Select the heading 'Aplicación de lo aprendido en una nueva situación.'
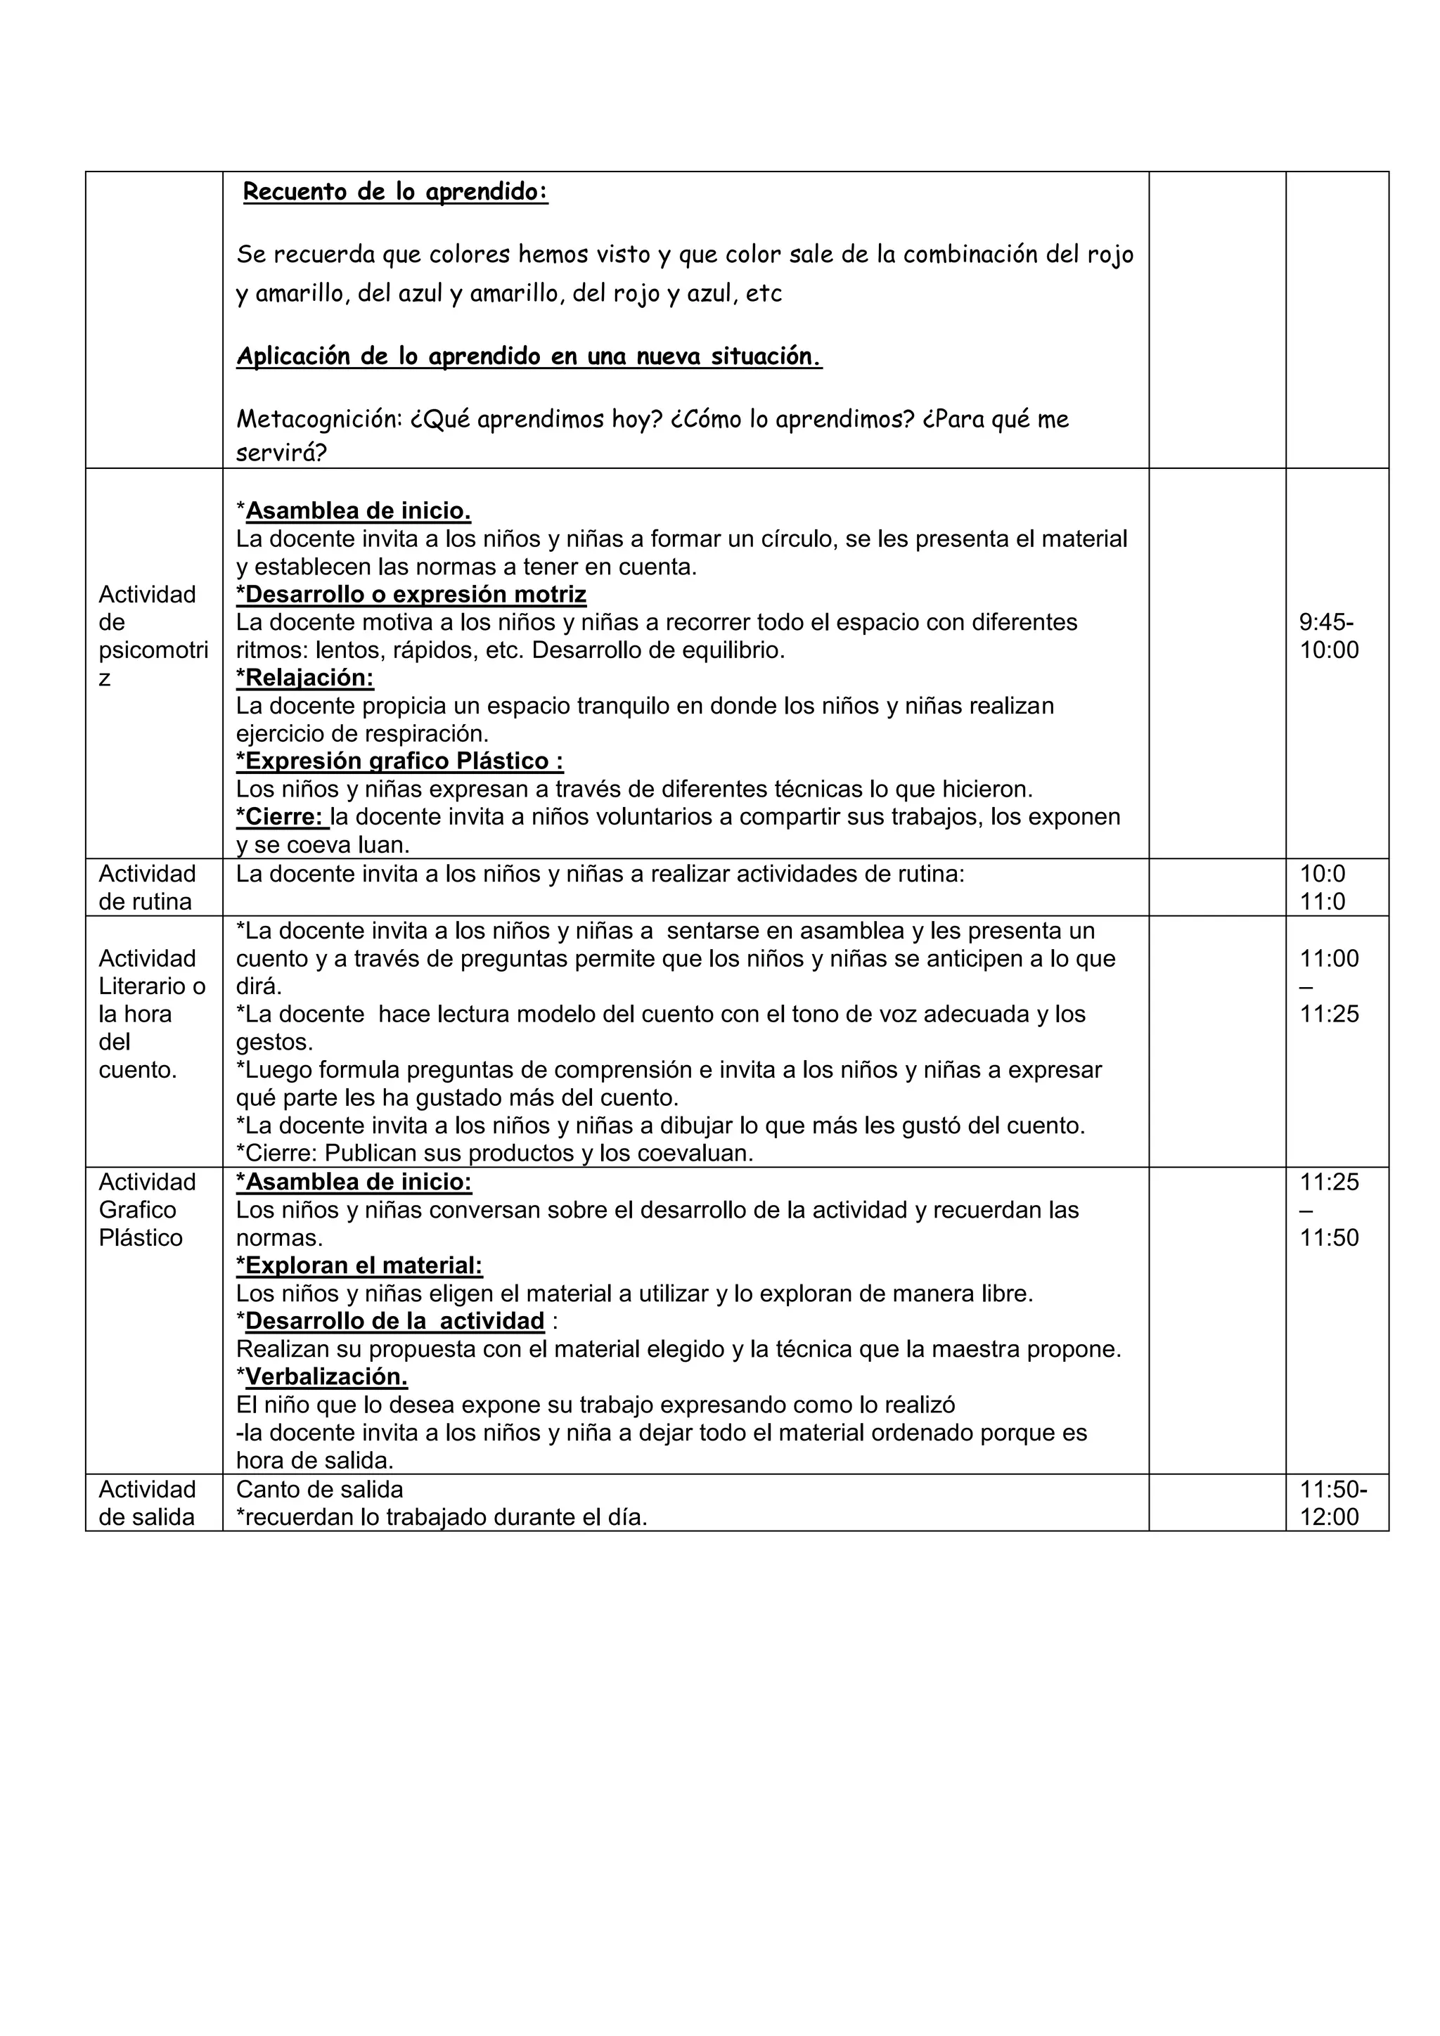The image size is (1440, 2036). (x=529, y=356)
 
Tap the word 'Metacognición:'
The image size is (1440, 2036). (x=319, y=420)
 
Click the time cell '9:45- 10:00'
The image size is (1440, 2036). (x=1328, y=636)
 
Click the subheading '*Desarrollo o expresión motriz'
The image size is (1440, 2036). (x=411, y=594)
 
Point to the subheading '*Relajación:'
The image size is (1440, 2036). (x=305, y=678)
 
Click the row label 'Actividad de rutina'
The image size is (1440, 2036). (x=146, y=888)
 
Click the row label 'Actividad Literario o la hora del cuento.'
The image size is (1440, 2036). (x=150, y=1014)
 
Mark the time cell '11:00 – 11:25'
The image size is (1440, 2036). (x=1328, y=986)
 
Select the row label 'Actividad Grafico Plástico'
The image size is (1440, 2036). (x=147, y=1209)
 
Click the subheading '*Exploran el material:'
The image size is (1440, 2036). (x=359, y=1265)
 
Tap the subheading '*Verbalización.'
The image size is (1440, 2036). (x=322, y=1377)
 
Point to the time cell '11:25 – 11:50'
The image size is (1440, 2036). (x=1328, y=1209)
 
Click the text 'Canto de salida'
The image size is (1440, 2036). (x=319, y=1489)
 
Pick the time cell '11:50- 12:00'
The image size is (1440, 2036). (x=1332, y=1503)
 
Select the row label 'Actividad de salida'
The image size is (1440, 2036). (x=146, y=1503)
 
